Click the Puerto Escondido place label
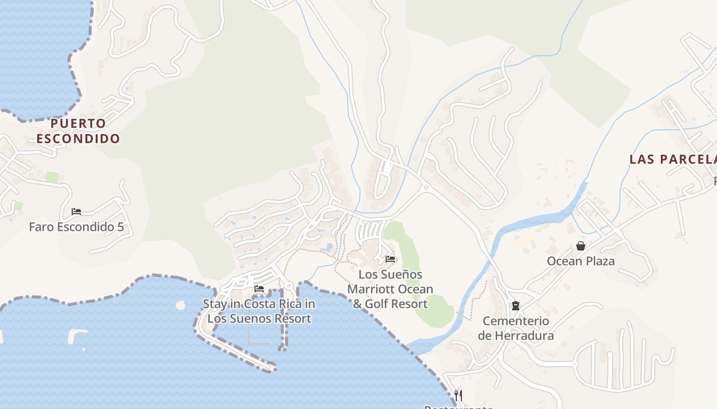78,131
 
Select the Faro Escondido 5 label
76,227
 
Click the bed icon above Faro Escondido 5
76,212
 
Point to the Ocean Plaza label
580,261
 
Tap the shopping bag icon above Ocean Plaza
580,246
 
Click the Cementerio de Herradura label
516,328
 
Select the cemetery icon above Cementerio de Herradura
516,306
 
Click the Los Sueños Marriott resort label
390,289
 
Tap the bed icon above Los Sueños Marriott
390,259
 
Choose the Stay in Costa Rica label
259,311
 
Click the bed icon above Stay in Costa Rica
259,289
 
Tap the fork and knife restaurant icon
458,395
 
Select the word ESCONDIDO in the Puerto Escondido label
78,139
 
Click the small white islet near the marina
180,306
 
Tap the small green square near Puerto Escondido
52,177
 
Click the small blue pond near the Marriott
326,248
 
